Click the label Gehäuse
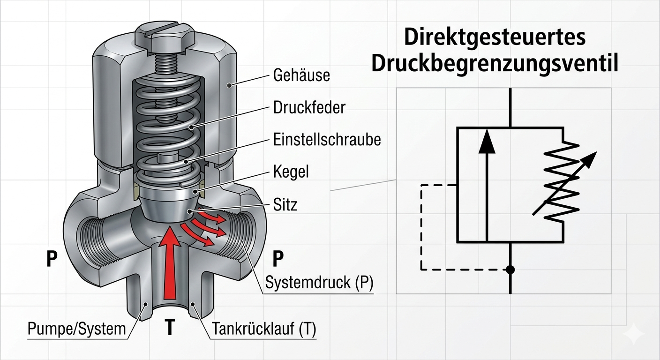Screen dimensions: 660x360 pos(301,75)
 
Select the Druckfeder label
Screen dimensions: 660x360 pos(309,107)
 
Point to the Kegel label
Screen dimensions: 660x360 pos(291,172)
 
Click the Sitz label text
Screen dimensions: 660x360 pos(285,204)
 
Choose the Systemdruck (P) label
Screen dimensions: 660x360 pos(319,282)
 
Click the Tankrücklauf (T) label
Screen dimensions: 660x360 pos(264,329)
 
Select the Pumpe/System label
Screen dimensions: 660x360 pos(76,329)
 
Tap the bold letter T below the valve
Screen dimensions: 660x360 pos(169,327)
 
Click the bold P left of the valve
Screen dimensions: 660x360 pos(52,258)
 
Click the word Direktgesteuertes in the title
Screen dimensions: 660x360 pos(495,37)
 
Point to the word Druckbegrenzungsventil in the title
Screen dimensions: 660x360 pos(495,64)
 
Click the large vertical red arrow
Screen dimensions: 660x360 pos(170,262)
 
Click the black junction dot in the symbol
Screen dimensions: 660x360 pos(510,270)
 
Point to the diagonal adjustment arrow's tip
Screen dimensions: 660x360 pos(597,152)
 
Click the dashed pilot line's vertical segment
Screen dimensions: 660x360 pos(421,227)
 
